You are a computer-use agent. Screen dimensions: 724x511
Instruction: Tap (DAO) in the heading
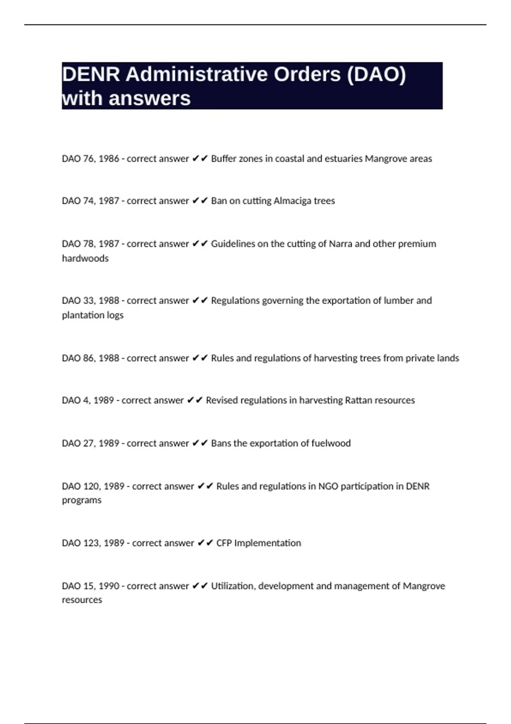click(376, 75)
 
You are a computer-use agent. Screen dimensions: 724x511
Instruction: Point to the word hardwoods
click(85, 258)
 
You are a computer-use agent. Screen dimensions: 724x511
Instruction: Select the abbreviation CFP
click(224, 543)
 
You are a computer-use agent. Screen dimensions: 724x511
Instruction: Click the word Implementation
click(267, 543)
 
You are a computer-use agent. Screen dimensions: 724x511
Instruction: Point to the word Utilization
click(233, 586)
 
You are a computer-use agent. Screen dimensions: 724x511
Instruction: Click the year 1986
click(109, 158)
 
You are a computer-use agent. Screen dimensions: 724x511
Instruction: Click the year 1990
click(109, 586)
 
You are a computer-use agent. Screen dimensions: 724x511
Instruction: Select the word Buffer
click(224, 158)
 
